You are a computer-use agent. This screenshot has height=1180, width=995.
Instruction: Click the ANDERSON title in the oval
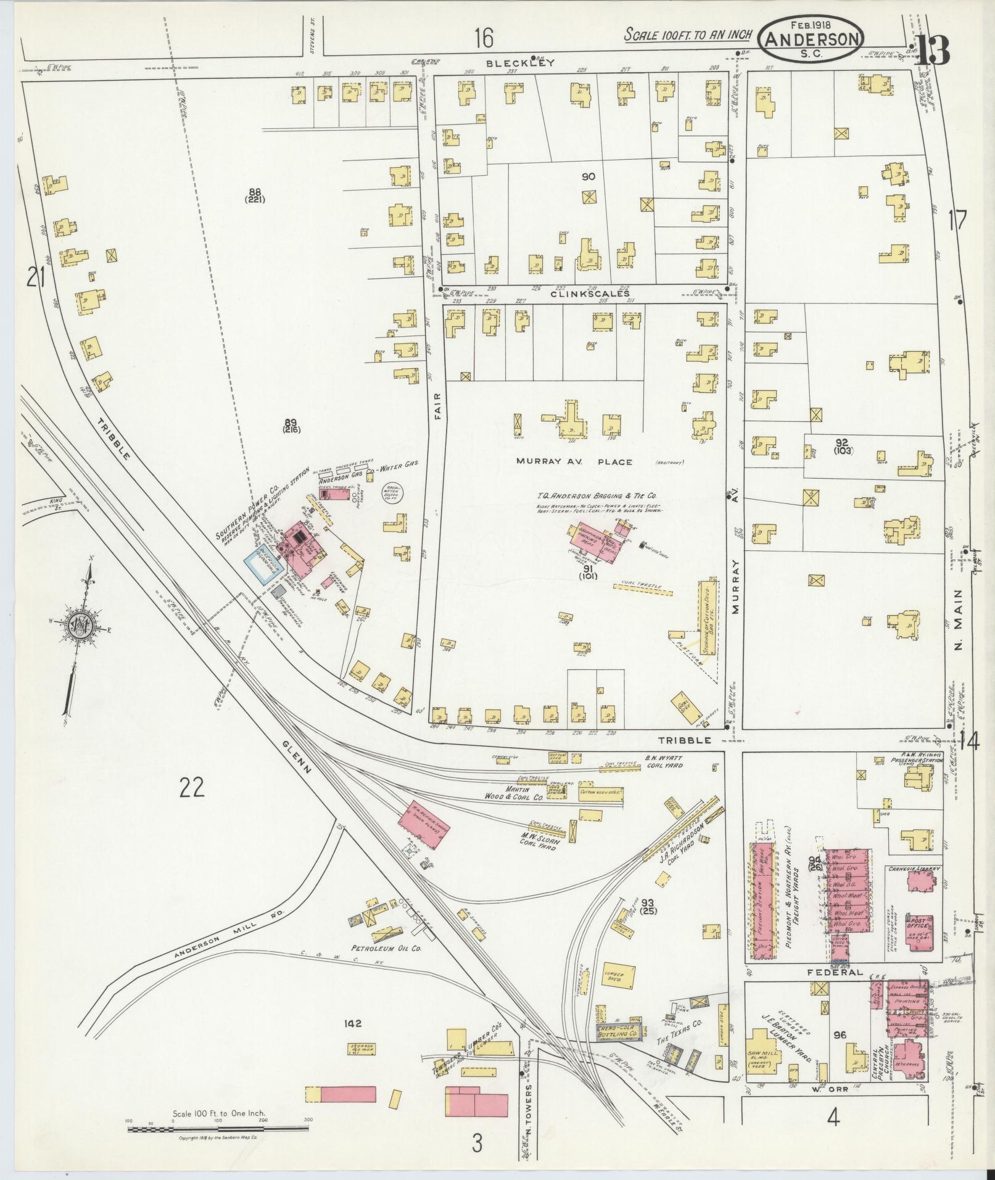click(x=812, y=39)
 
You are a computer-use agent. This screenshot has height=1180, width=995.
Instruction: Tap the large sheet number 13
click(x=932, y=50)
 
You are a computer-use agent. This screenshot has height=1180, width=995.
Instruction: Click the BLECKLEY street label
click(x=520, y=62)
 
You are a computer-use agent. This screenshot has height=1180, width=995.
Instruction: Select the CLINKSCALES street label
click(x=592, y=294)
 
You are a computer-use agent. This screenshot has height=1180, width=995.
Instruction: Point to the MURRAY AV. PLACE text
click(x=574, y=461)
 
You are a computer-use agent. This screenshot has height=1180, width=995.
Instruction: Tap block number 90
click(x=588, y=176)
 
